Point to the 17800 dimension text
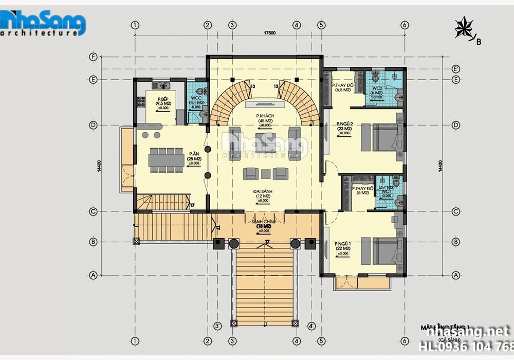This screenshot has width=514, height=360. pos(270,33)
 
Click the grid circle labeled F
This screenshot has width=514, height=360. pos(94,57)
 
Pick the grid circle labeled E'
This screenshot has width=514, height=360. pos(455,68)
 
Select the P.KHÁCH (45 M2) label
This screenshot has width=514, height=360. pos(266,120)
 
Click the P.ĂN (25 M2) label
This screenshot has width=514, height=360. pos(194,156)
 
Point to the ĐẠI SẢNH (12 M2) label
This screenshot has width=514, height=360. pos(263,195)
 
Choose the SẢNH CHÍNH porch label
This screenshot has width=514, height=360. pos(264,224)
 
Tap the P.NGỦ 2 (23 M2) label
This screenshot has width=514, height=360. pos(344,128)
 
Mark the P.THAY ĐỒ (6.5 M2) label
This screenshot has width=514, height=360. pos(342,87)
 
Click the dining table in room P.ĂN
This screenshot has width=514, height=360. pos(166,160)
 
